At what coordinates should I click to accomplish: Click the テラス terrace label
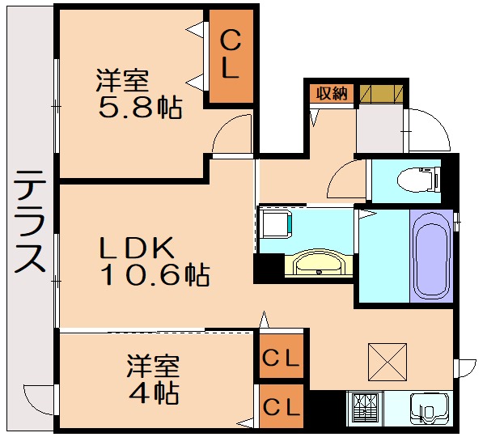tap(28, 222)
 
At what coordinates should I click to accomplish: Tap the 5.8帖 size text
tap(139, 106)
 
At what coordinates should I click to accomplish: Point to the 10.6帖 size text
tap(155, 277)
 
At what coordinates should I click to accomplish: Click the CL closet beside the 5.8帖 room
tap(231, 54)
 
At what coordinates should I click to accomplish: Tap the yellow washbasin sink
tap(317, 263)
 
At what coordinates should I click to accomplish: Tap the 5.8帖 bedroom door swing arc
tap(233, 134)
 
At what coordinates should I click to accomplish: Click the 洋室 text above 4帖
tap(152, 365)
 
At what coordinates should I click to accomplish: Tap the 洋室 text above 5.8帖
tap(123, 80)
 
